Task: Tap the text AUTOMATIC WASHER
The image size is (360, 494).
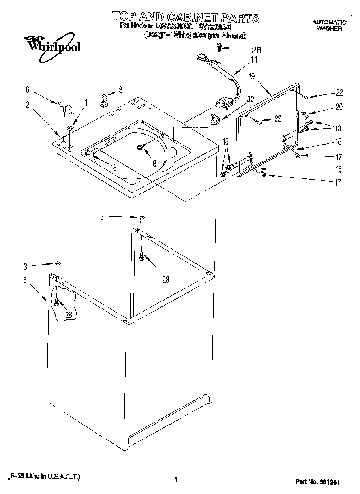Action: point(329,25)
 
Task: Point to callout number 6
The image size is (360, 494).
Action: point(28,90)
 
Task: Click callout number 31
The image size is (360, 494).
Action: point(122,90)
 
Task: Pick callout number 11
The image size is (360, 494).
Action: point(253,60)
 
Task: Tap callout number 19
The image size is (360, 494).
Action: point(251,77)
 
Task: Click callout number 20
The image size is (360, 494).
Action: point(339,107)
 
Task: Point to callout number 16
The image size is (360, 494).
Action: point(338,142)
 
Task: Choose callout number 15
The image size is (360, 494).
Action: point(338,169)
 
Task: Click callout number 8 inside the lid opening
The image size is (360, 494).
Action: point(154,163)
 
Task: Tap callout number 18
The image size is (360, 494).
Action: point(113,167)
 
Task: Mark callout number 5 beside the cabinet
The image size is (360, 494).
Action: point(25,280)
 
